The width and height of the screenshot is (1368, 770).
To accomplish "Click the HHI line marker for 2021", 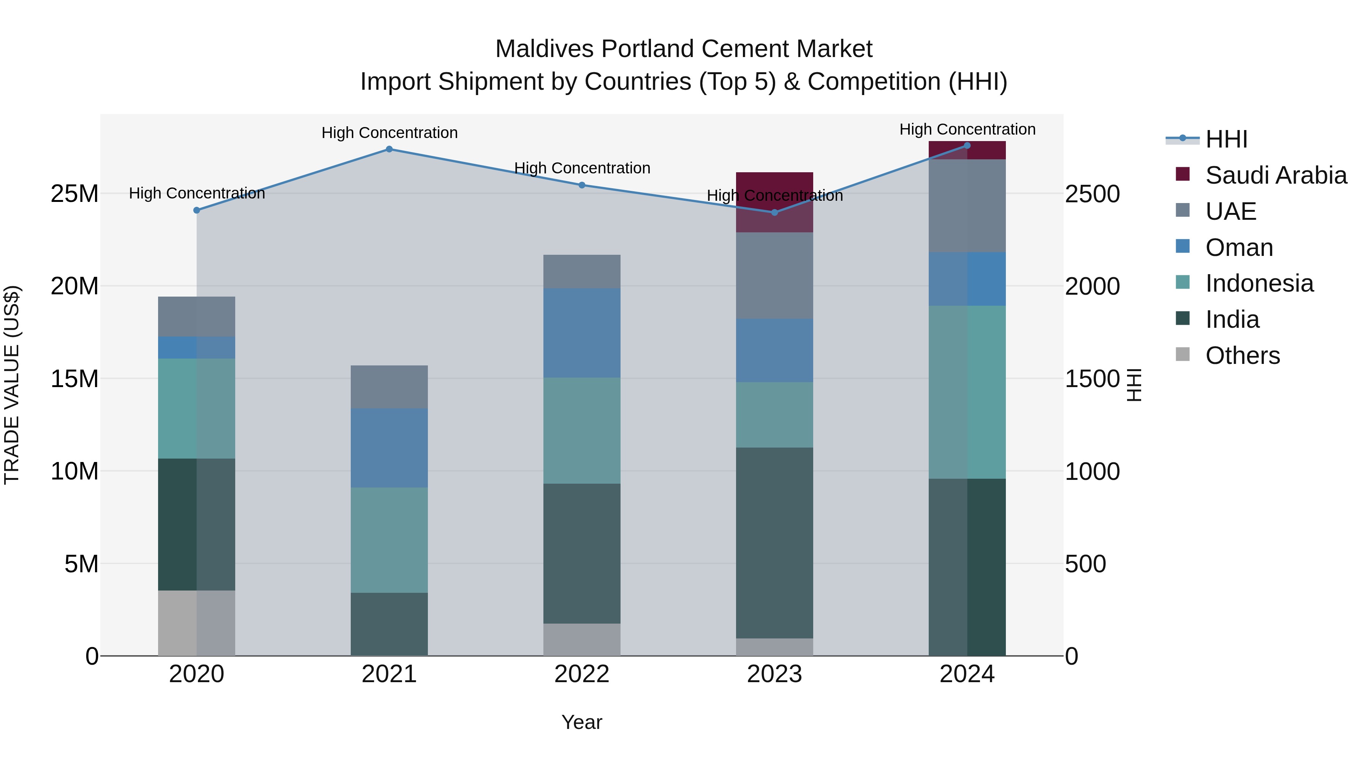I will [389, 149].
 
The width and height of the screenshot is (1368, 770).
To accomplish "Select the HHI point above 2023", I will [774, 213].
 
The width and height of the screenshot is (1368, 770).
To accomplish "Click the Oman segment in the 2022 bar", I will [581, 333].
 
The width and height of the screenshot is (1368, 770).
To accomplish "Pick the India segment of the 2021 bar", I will [389, 624].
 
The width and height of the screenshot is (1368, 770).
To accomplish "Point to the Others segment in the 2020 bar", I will [196, 623].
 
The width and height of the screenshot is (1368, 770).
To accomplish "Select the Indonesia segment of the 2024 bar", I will [967, 392].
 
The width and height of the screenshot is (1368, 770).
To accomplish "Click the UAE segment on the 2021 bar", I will [389, 387].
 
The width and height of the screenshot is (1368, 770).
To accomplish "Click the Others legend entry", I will [1242, 356].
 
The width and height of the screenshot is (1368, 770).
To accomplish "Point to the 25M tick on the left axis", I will [74, 194].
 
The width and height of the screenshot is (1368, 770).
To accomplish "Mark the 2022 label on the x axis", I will [581, 674].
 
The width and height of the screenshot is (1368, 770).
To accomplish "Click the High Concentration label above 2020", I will [196, 194].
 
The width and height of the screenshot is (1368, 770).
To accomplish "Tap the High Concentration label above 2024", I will [967, 129].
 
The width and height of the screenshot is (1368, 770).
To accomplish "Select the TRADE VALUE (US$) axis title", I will [12, 385].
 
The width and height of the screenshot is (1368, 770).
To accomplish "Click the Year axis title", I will [581, 722].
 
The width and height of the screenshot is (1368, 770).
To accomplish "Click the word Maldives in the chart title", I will [544, 49].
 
